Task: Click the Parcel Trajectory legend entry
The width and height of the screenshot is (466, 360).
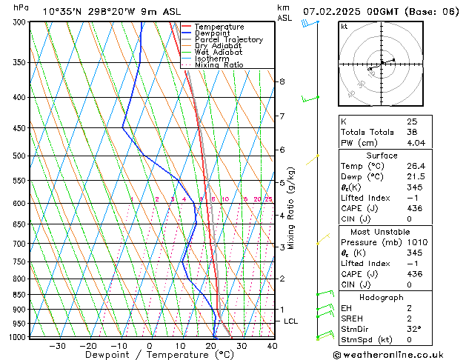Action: point(228,39)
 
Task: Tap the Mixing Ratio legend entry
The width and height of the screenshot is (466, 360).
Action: point(220,64)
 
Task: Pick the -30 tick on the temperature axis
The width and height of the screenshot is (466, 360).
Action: point(57,346)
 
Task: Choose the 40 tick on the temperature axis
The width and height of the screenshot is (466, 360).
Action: point(272,346)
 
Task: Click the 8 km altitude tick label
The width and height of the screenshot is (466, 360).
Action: point(282,81)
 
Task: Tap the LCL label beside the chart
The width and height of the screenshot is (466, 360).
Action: point(290,321)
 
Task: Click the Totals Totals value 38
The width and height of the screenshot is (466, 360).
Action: point(412,131)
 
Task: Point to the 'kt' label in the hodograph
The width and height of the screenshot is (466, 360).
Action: point(344,26)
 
